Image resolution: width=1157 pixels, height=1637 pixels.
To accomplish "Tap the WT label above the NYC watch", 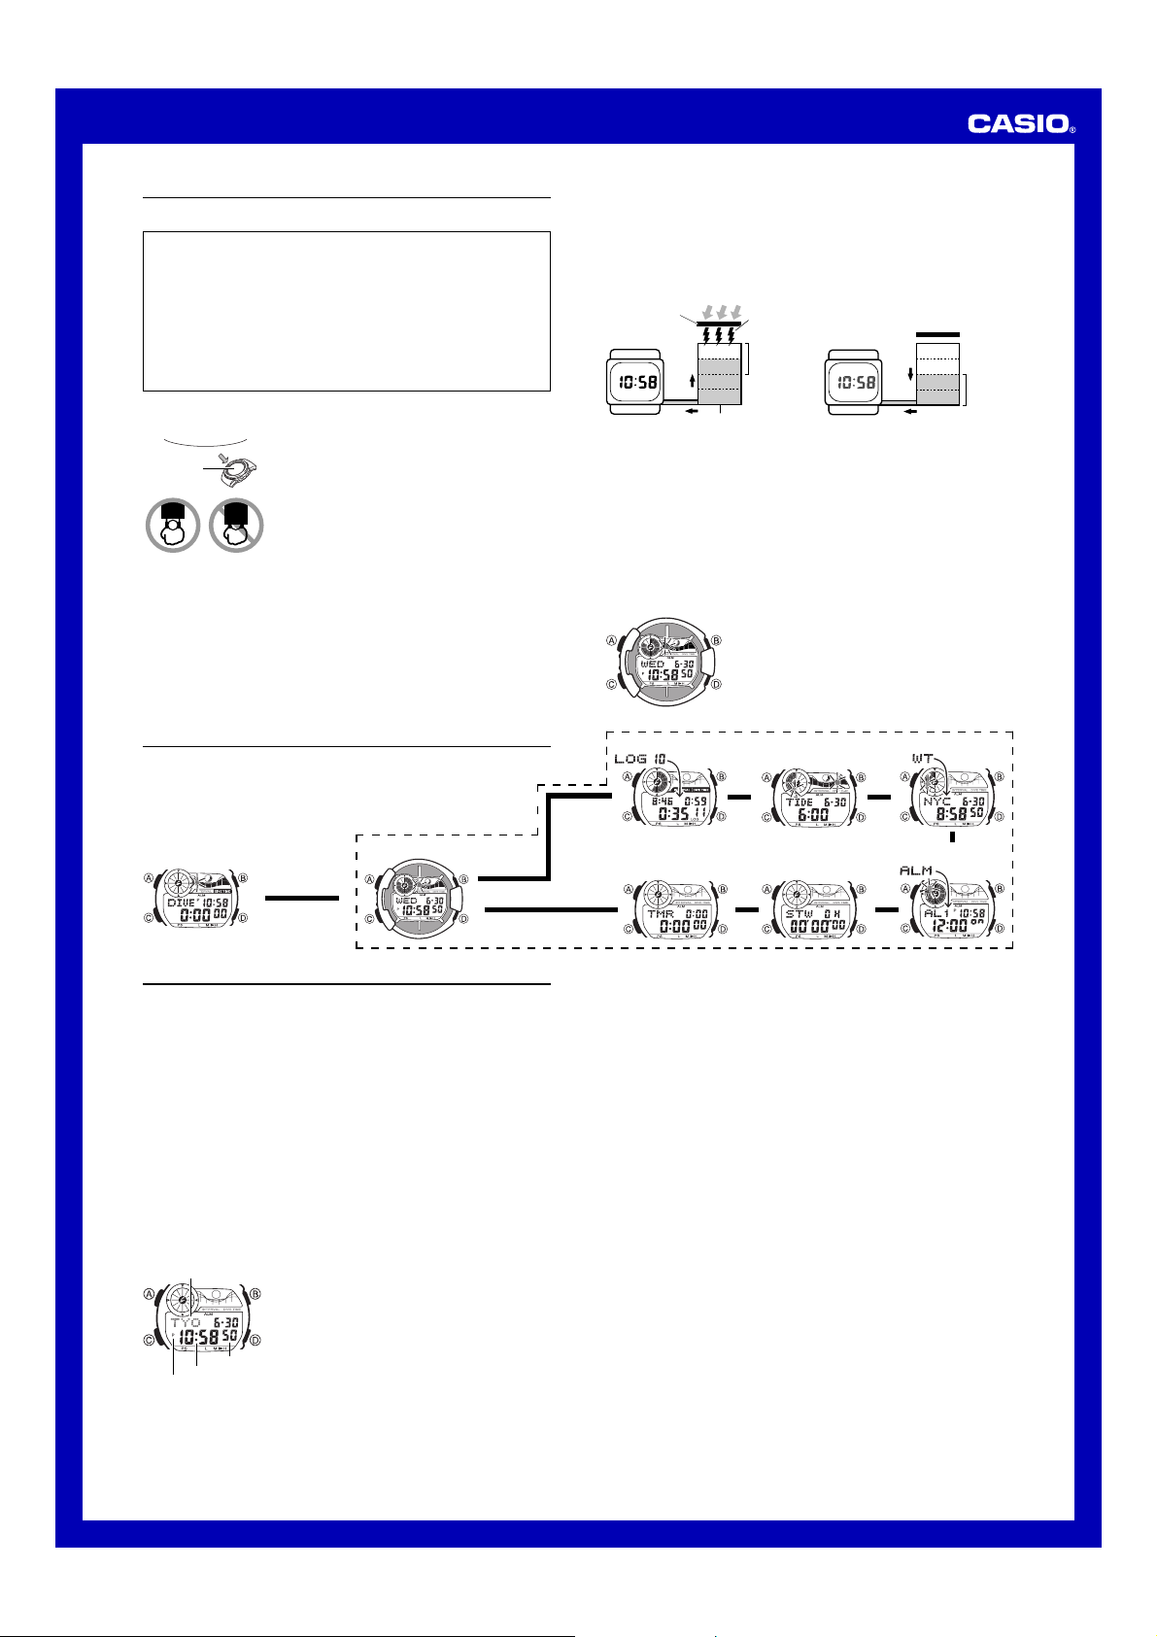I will [x=922, y=757].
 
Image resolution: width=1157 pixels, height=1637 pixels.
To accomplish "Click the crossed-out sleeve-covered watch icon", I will [x=236, y=526].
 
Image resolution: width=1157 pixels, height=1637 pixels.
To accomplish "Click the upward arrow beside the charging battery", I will [x=691, y=380].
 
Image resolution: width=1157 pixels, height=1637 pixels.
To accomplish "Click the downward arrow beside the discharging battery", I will [x=909, y=375].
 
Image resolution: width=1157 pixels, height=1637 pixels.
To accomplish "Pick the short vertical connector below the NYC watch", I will [x=953, y=836].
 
